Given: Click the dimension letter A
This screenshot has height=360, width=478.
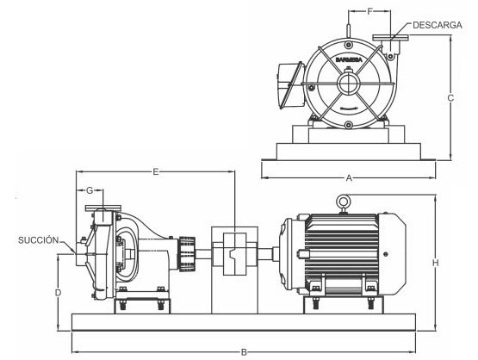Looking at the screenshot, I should pos(349,178).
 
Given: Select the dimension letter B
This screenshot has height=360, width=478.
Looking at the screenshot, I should pos(244,351).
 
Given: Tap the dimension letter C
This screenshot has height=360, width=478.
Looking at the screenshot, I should pos(450,98).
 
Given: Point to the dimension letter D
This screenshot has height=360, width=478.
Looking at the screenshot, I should pos(58,292).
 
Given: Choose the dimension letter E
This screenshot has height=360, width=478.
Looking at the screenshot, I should pos(156,172).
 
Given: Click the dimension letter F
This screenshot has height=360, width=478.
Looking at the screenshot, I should pos(369,11).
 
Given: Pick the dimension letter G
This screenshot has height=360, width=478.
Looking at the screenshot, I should pos(90,189).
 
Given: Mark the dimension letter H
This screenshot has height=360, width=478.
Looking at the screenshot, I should pos(437,262).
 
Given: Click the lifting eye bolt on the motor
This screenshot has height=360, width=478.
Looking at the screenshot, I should pos(343,204).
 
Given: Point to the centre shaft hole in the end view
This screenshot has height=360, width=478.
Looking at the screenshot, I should pos(350,84).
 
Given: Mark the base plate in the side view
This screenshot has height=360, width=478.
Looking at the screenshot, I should pos(244,320).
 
